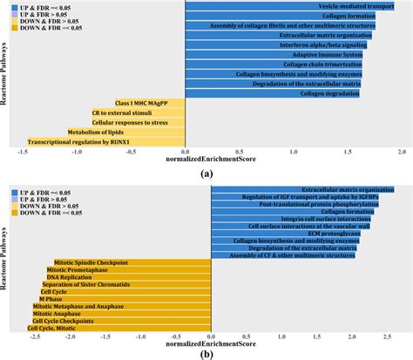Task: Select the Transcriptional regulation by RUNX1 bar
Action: [x=105, y=141]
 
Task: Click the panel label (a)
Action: [x=206, y=173]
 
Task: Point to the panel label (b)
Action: [x=206, y=354]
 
